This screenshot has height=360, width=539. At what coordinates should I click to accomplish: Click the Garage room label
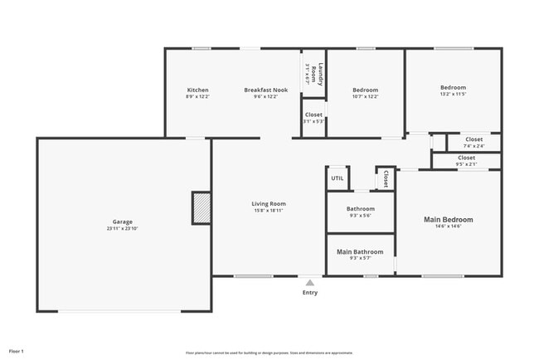pos(123,222)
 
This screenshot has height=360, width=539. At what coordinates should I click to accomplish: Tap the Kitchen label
pos(197,90)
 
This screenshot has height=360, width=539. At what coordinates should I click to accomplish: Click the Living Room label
pos(269,203)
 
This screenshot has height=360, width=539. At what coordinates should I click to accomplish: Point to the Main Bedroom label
pos(449,220)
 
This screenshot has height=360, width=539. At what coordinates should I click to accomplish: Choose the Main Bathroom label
pos(360,251)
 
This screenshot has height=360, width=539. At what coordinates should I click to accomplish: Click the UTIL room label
pos(337,178)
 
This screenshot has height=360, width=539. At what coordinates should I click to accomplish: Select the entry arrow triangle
pos(310,283)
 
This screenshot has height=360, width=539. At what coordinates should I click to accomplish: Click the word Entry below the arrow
pos(310,292)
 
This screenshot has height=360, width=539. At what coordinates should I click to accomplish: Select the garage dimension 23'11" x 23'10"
pos(123,229)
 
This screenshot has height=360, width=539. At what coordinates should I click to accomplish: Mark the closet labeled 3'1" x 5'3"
pos(313,118)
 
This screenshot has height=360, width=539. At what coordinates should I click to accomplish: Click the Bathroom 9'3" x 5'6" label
pos(361,212)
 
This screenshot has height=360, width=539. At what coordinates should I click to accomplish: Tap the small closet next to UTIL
pos(386,178)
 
